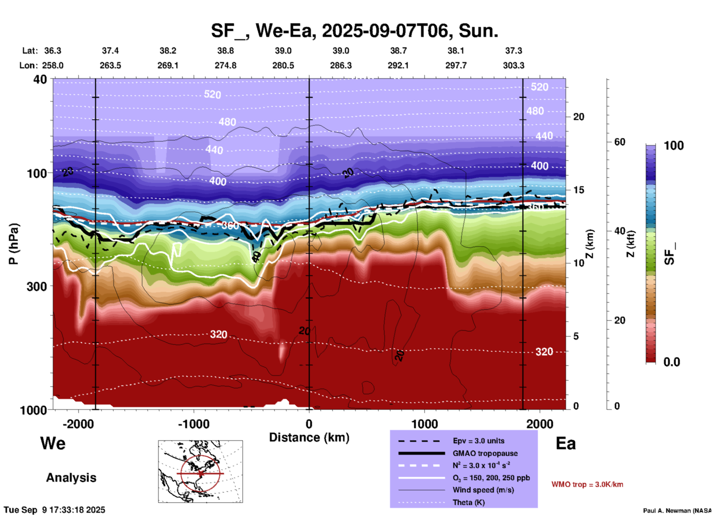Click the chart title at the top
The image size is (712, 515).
(x=354, y=31)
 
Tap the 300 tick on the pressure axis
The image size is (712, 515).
(x=37, y=286)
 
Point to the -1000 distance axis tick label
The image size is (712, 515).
(x=193, y=424)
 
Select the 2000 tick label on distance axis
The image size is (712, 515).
(x=540, y=424)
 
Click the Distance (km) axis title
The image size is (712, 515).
(x=309, y=437)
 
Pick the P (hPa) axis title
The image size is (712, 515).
(x=14, y=244)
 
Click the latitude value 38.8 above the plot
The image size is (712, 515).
(x=225, y=51)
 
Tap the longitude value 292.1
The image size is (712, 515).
(x=398, y=65)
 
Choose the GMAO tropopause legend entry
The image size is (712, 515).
(x=485, y=453)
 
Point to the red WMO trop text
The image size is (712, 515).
(x=587, y=484)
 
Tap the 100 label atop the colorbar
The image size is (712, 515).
(x=674, y=146)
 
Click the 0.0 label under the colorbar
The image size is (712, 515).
(x=672, y=362)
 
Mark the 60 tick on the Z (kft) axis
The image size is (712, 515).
(x=620, y=142)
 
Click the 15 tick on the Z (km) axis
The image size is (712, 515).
(x=579, y=190)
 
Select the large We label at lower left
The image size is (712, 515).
(x=53, y=443)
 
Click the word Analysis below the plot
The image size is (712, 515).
(x=71, y=478)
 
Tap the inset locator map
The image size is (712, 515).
(x=200, y=471)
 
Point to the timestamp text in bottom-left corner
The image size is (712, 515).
(x=54, y=510)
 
